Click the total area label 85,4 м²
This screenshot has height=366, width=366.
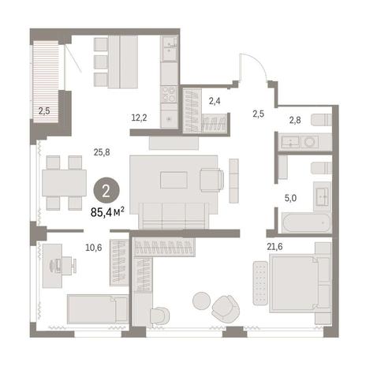[107, 211]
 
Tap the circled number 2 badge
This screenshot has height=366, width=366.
[106, 191]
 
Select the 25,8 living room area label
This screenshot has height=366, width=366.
[102, 152]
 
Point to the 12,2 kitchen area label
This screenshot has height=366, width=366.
[139, 118]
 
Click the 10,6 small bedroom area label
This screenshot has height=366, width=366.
[94, 248]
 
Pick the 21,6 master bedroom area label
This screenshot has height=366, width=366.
[274, 246]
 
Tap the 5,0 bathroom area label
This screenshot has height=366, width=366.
[290, 198]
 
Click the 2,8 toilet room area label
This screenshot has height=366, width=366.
[295, 121]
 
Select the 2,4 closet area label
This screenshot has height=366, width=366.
[215, 101]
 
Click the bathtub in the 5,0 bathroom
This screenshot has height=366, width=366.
[306, 223]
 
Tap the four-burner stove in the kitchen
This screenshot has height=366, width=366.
[169, 94]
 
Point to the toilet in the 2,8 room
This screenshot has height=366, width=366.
[322, 120]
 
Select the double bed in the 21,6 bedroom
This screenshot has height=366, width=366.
[300, 284]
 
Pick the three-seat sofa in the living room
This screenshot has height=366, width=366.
[174, 215]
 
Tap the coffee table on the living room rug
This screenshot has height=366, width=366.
[174, 180]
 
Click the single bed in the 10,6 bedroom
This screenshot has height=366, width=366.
[98, 309]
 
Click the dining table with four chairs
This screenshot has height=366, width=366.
[64, 183]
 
